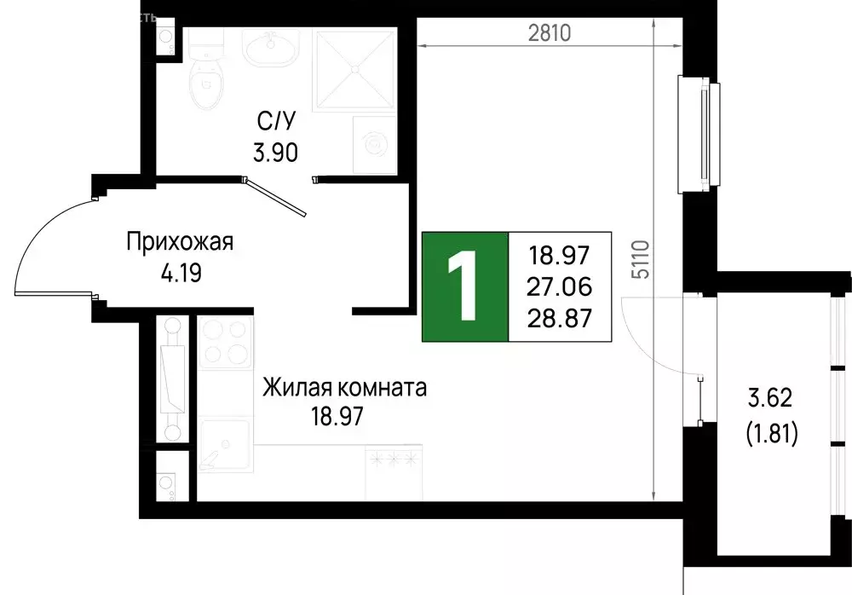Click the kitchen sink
tap(225, 443)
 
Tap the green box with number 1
tap(465, 286)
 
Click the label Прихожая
tap(179, 243)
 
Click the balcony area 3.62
tap(772, 398)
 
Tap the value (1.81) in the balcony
tap(772, 436)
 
